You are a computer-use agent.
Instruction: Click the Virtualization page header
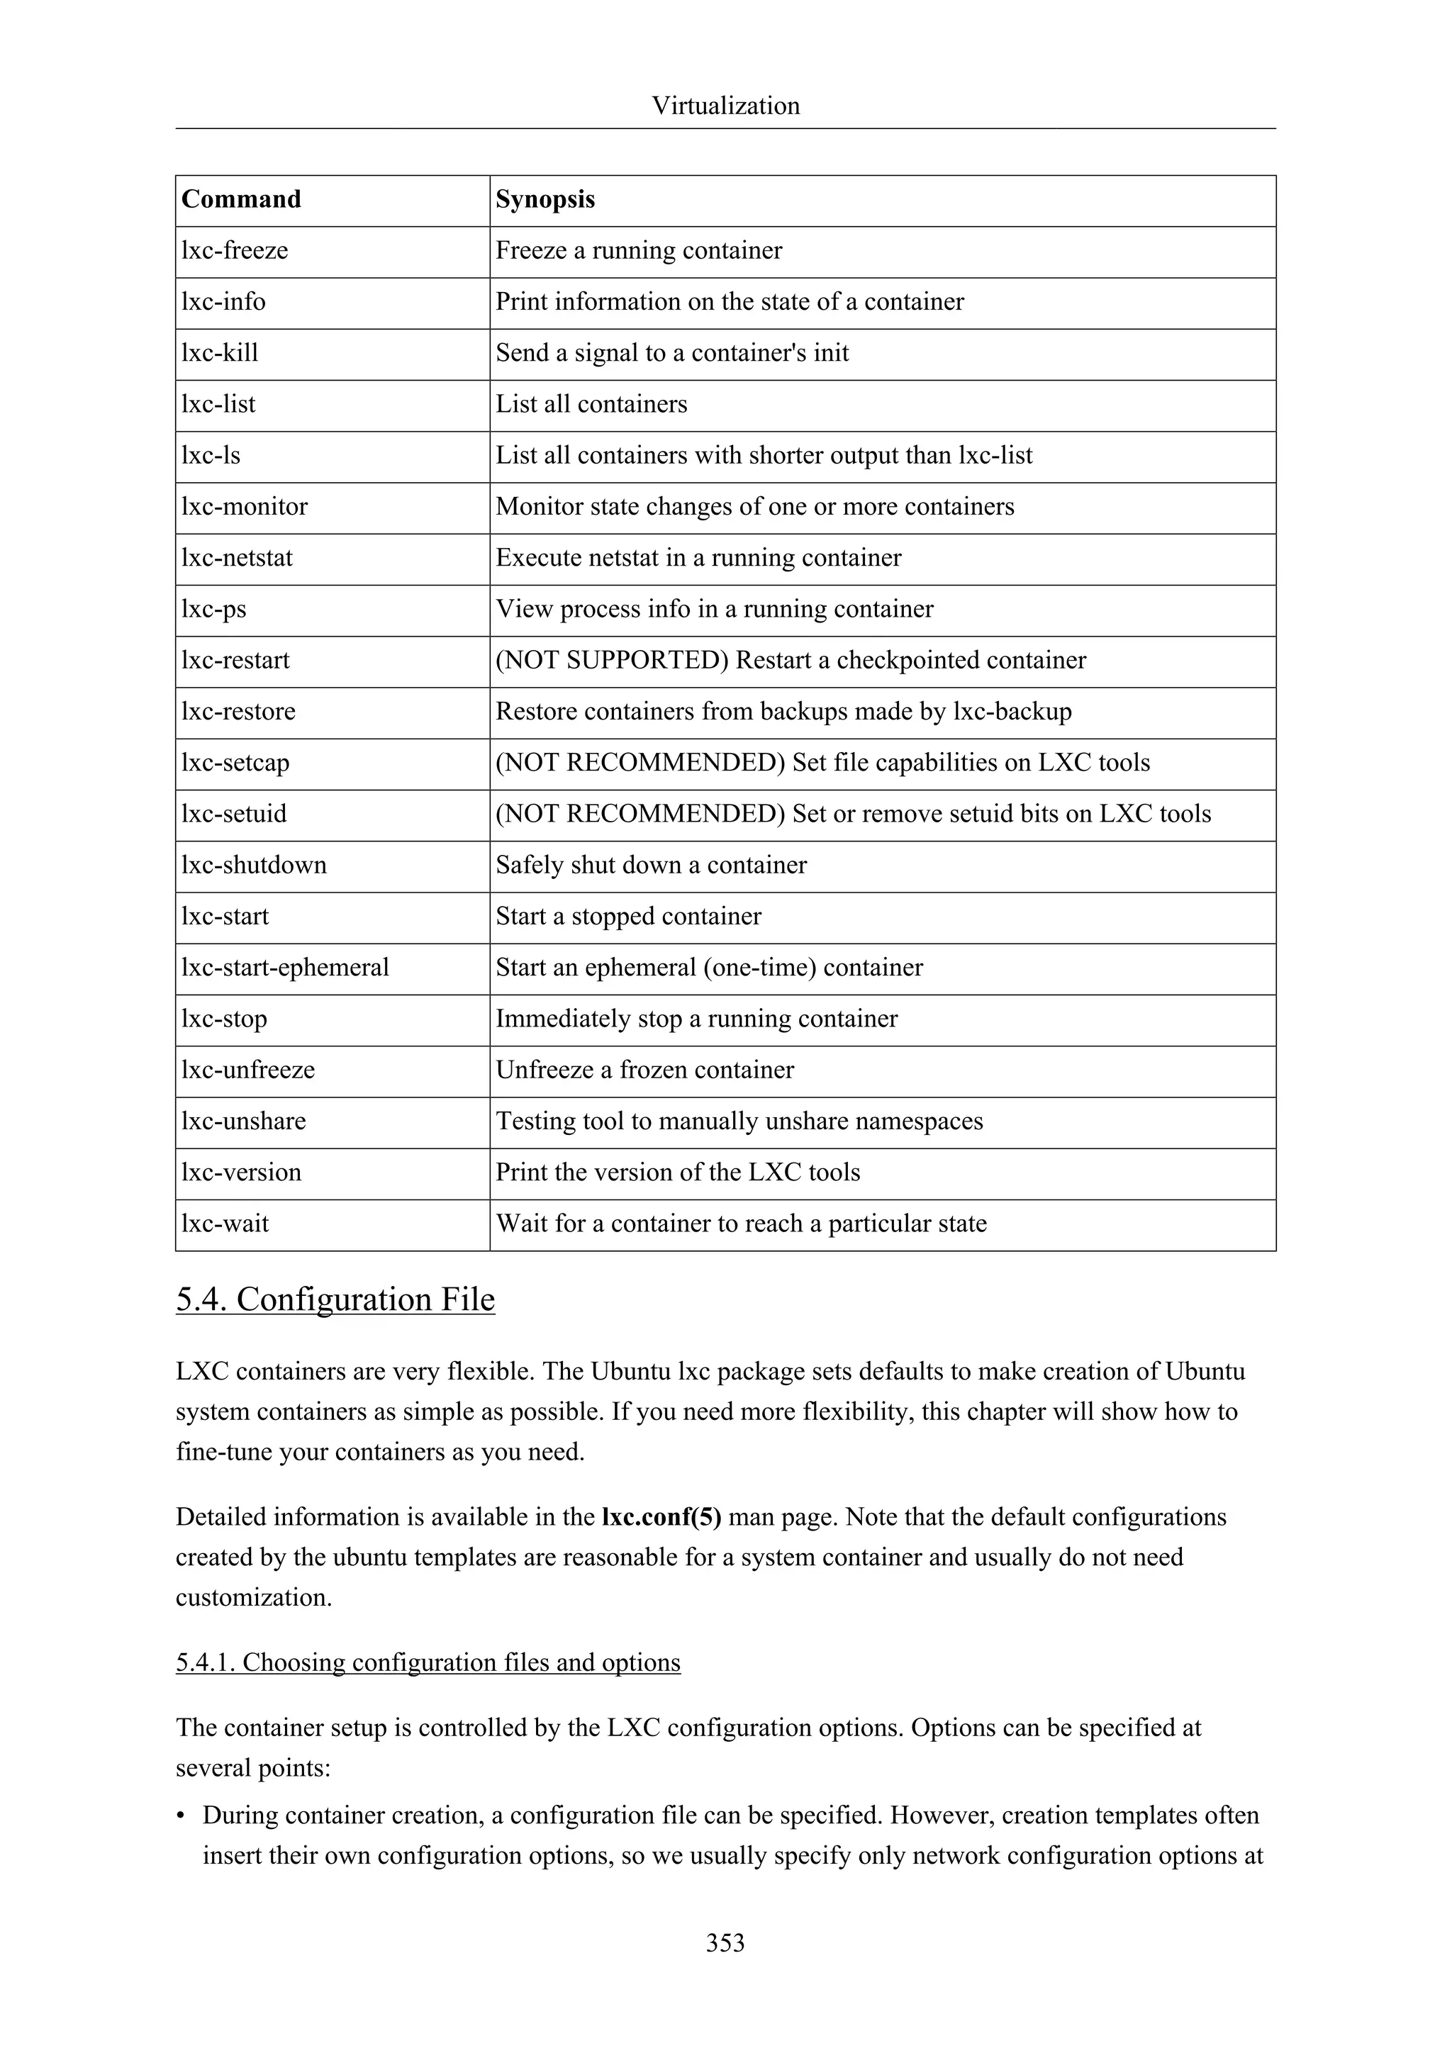[x=725, y=106]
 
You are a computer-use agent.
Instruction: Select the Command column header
[x=241, y=199]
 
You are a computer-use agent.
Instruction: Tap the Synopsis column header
[x=545, y=199]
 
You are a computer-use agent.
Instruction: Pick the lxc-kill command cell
[x=220, y=352]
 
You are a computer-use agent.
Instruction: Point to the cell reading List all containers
[x=591, y=404]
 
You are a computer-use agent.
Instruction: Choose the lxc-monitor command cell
[x=244, y=506]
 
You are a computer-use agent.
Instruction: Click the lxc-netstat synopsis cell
[x=698, y=558]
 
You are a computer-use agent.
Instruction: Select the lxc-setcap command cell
[x=235, y=763]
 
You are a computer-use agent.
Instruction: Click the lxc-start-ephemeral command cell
[x=285, y=968]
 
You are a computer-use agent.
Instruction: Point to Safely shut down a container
[x=651, y=865]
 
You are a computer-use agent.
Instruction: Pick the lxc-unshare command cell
[x=243, y=1121]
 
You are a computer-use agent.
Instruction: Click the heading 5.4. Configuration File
[x=335, y=1299]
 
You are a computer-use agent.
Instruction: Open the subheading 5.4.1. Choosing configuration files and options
[x=428, y=1662]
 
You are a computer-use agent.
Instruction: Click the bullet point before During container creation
[x=181, y=1816]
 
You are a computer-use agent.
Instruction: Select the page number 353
[x=725, y=1942]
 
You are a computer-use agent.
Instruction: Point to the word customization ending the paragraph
[x=253, y=1598]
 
